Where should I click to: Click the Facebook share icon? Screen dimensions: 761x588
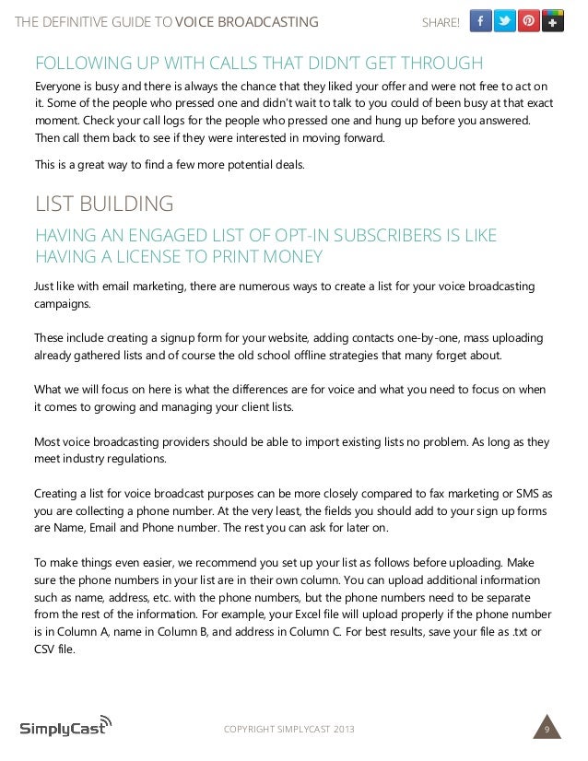pyautogui.click(x=481, y=21)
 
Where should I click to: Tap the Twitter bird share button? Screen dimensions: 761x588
pyautogui.click(x=505, y=21)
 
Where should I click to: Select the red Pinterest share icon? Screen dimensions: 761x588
pyautogui.click(x=529, y=21)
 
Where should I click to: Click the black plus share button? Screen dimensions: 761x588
pyautogui.click(x=553, y=21)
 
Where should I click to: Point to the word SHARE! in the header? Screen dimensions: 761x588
pyautogui.click(x=441, y=22)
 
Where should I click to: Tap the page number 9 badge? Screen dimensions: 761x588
pyautogui.click(x=547, y=731)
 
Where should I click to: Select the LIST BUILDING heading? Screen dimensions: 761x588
pyautogui.click(x=103, y=203)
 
